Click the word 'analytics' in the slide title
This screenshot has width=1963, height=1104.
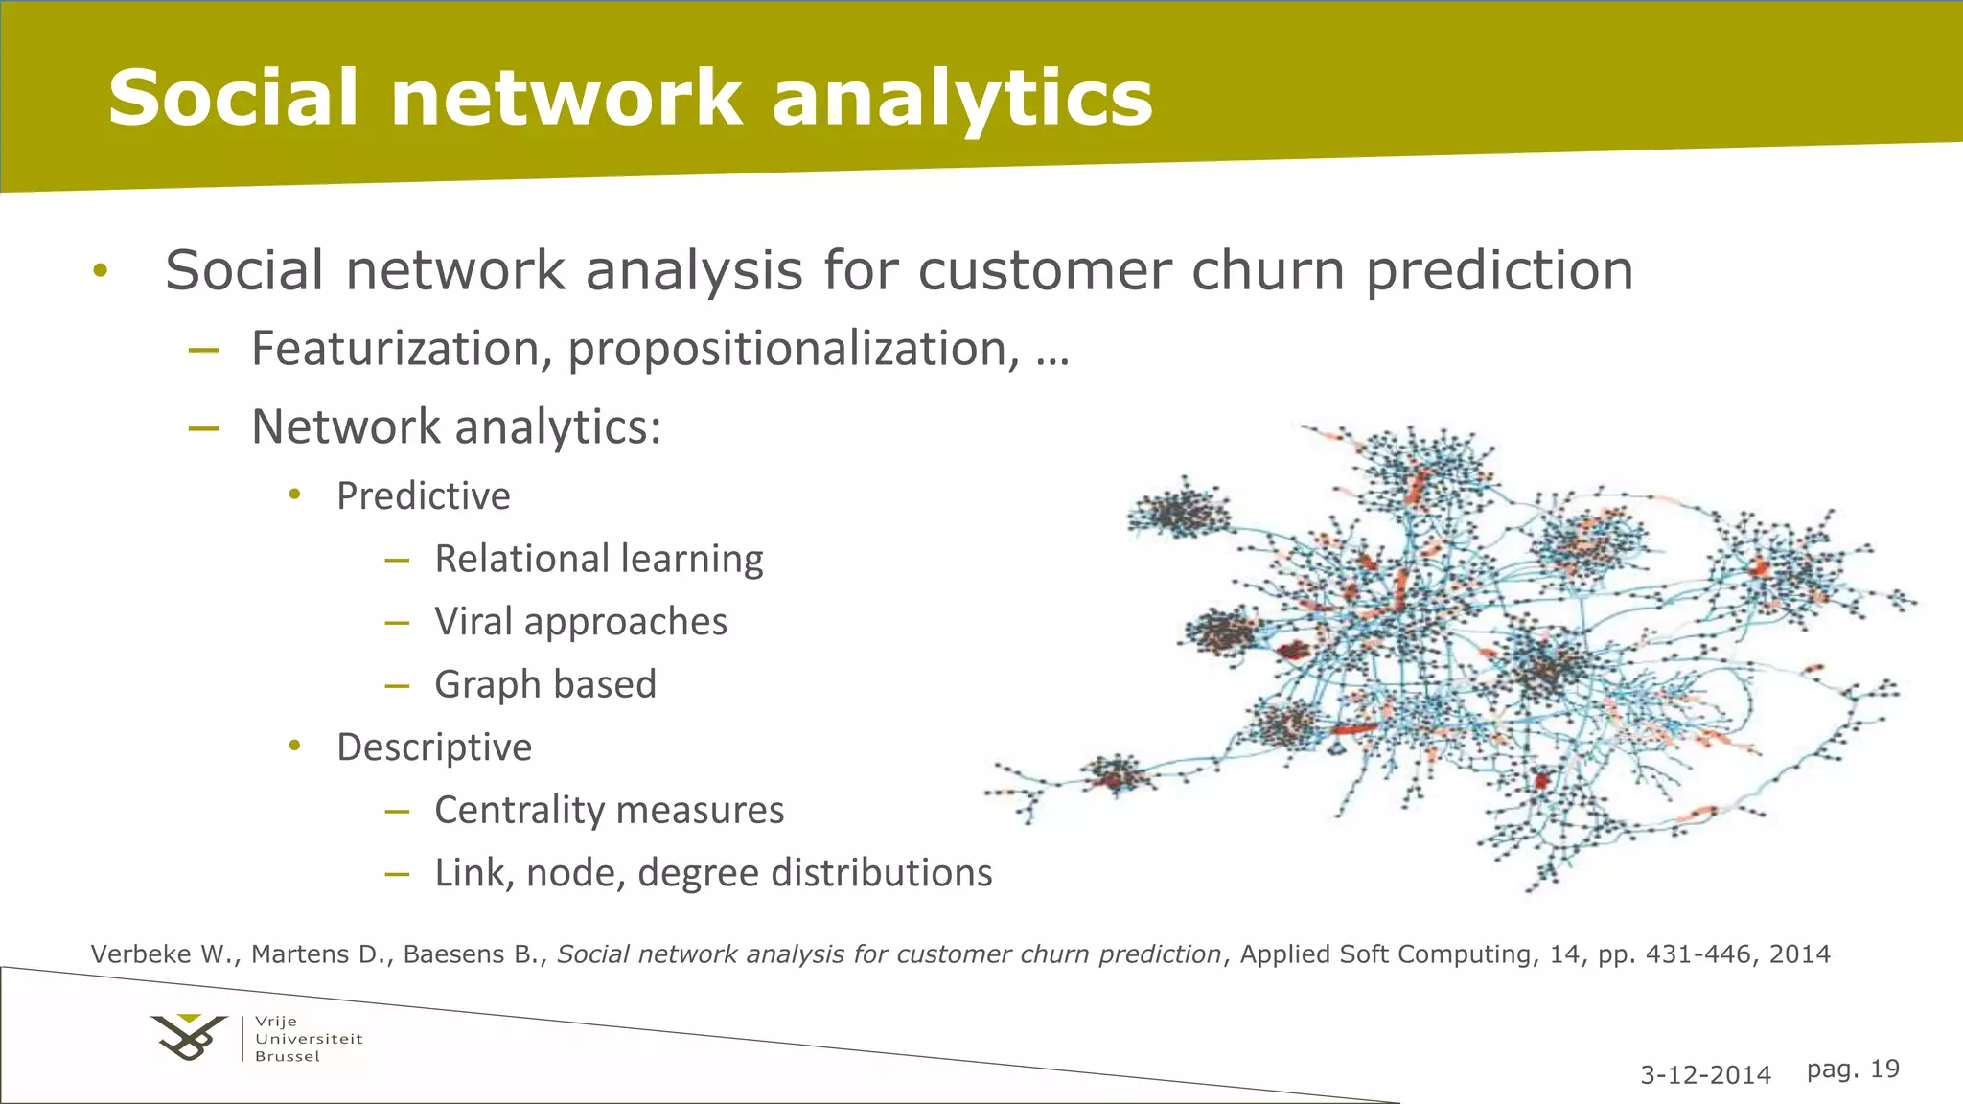961,99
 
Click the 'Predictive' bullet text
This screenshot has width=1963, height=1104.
423,496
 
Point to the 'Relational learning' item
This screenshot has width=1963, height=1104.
598,559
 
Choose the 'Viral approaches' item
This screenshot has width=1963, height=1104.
580,622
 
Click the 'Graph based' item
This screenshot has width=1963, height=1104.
544,685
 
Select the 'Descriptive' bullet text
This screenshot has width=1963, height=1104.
433,747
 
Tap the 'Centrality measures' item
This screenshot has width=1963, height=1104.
609,811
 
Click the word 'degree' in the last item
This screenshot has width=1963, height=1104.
697,873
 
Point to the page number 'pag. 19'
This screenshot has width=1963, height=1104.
1852,1069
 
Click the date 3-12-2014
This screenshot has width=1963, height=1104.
1705,1075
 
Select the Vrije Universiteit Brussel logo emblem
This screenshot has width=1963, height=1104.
189,1038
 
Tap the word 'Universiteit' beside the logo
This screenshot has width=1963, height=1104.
309,1039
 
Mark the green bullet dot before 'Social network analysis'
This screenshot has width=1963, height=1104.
101,271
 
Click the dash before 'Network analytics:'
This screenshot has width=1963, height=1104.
204,428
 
